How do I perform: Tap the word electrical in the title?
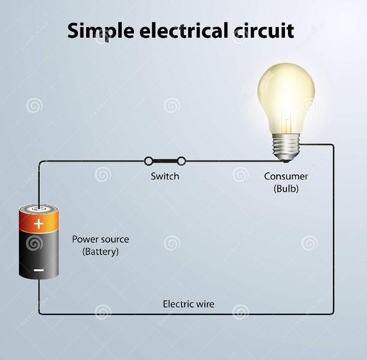(x=184, y=31)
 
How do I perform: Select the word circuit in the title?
(x=264, y=31)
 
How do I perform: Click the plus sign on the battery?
(x=39, y=224)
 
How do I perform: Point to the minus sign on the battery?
(x=39, y=270)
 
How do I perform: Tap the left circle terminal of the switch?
(x=149, y=161)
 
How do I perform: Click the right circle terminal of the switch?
(x=181, y=161)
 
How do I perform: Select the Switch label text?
(x=165, y=176)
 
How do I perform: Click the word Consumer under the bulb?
(x=286, y=176)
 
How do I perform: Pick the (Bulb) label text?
(x=286, y=189)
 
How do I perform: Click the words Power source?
(x=100, y=239)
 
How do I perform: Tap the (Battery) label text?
(x=100, y=251)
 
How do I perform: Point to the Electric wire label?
(x=189, y=304)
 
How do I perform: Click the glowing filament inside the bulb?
(x=286, y=122)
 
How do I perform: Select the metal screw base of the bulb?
(x=286, y=147)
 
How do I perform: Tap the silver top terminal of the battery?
(x=39, y=208)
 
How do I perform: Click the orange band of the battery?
(x=39, y=221)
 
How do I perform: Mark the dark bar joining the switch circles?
(x=165, y=161)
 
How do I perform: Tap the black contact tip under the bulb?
(x=286, y=161)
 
